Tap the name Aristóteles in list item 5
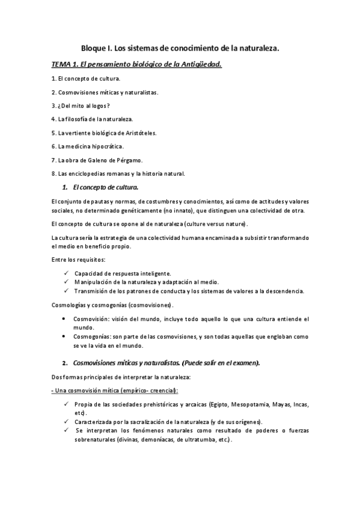coord(139,132)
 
